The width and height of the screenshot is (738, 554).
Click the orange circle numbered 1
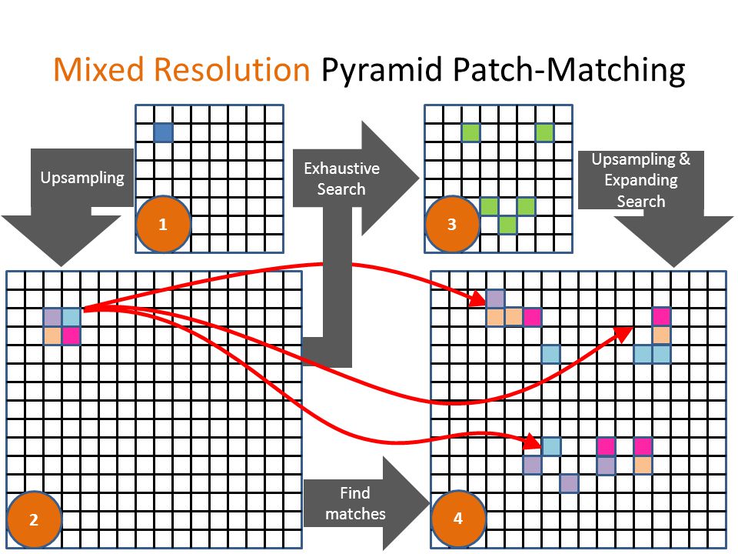(163, 224)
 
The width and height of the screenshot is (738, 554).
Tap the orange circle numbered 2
(34, 519)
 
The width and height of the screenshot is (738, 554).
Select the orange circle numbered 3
(452, 224)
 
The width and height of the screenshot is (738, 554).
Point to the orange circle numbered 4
(458, 518)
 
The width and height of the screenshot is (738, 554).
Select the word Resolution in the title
(232, 70)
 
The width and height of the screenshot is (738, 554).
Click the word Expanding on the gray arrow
(641, 180)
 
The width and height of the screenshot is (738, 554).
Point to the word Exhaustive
(341, 169)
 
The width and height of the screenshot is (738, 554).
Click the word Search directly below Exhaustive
(341, 189)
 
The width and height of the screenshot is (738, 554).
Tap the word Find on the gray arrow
(355, 492)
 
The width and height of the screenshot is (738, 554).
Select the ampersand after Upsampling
(684, 159)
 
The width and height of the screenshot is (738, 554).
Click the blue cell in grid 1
(163, 132)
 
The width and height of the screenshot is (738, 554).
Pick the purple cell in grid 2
(53, 318)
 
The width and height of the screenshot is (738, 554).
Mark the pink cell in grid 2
(71, 336)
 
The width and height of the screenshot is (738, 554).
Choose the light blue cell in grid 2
(71, 318)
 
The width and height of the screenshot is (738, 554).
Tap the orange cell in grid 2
(53, 336)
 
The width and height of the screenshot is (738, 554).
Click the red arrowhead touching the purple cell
(478, 299)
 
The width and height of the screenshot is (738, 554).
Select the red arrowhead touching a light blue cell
(533, 441)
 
